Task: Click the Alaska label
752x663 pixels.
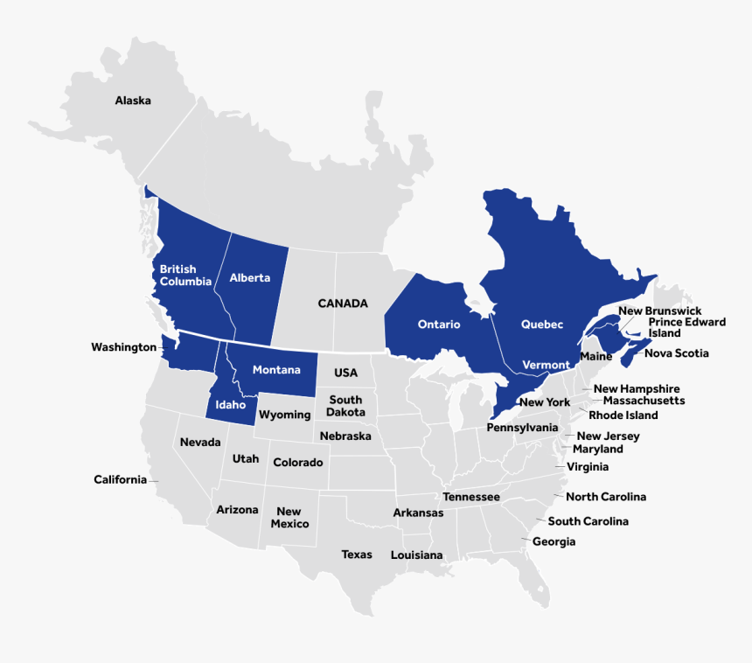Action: [x=133, y=101]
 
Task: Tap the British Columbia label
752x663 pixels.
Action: [x=185, y=276]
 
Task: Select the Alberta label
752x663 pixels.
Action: [x=250, y=278]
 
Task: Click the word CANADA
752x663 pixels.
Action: [x=343, y=304]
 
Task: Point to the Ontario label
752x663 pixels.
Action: [x=439, y=325]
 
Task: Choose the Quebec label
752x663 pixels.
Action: [x=542, y=325]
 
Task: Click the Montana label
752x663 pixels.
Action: [x=276, y=370]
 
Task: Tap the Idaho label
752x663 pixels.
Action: [x=231, y=405]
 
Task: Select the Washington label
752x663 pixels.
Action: [x=123, y=347]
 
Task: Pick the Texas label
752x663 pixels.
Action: [x=357, y=555]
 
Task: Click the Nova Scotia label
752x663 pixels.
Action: [x=677, y=353]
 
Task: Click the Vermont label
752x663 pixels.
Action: [x=546, y=365]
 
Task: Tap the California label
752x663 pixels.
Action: [x=121, y=479]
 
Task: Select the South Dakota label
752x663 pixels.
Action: [x=346, y=406]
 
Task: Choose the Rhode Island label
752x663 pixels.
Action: [x=623, y=415]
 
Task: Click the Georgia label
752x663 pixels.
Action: [x=554, y=541]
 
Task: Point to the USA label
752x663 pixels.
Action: [x=345, y=373]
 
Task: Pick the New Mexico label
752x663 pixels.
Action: [x=289, y=518]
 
